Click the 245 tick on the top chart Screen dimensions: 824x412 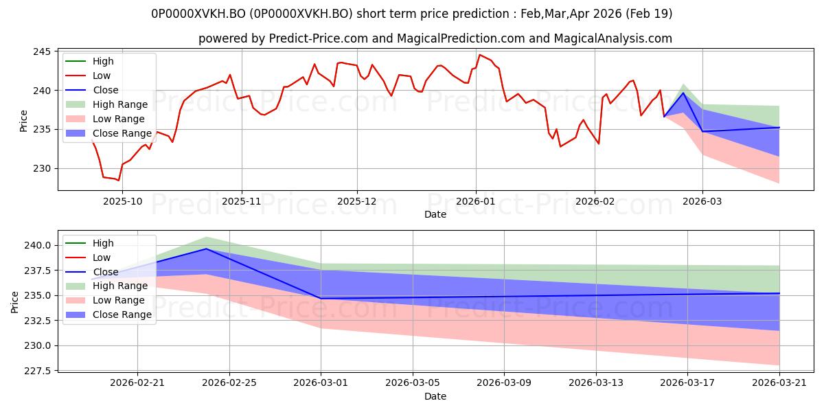coord(42,51)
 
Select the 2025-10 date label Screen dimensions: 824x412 coord(122,202)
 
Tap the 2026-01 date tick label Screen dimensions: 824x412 coord(476,202)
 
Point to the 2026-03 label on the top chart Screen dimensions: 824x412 coord(702,202)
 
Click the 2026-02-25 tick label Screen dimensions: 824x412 coord(229,383)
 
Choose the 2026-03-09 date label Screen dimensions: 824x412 coord(504,383)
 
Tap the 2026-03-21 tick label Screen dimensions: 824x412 coord(779,383)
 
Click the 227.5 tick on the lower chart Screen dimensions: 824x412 coord(37,371)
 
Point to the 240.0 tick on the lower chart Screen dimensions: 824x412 coord(37,245)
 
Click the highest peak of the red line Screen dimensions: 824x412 coord(479,55)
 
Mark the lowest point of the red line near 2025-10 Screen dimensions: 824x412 coord(118,180)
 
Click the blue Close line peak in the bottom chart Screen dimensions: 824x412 coord(206,249)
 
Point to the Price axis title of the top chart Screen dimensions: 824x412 coord(23,121)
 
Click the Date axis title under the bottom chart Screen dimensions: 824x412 coord(435,396)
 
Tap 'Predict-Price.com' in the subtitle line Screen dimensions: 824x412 coord(319,38)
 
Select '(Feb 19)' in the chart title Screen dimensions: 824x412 coord(648,14)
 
